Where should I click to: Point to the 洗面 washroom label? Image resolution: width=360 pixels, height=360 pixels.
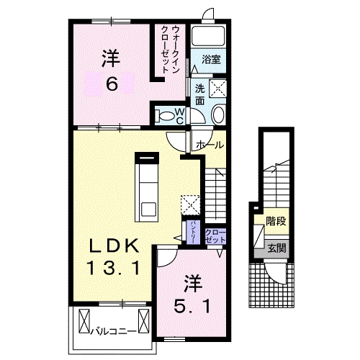(199, 94)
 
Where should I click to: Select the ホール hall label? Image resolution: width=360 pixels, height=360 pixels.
(210, 145)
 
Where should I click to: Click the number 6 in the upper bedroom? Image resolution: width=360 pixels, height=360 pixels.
(112, 84)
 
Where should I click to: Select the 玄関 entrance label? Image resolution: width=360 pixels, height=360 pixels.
(276, 248)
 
